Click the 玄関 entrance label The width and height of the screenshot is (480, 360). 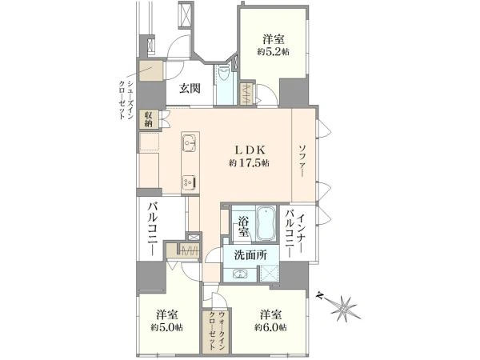(x=189, y=89)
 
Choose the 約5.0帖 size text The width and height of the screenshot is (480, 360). (x=162, y=326)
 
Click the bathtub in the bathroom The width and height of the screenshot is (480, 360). (x=266, y=223)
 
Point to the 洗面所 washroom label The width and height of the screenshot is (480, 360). (x=250, y=256)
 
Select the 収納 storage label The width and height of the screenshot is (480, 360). (x=148, y=120)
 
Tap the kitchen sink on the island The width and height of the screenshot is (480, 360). (x=190, y=145)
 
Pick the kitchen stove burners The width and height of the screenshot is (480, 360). (x=189, y=182)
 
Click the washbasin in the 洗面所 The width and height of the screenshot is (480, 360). (x=239, y=274)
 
